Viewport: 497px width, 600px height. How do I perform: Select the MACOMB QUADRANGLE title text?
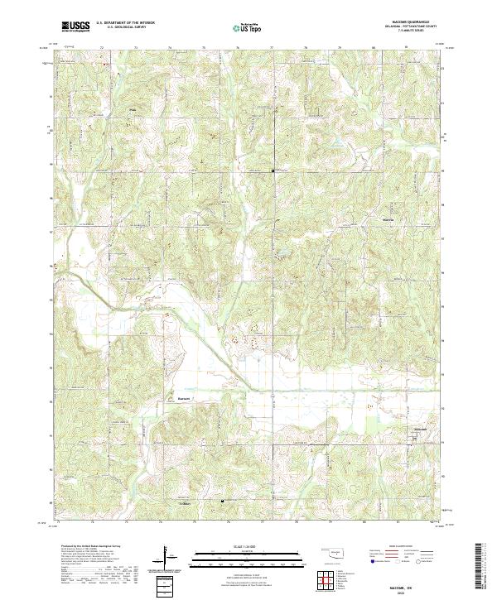(411, 23)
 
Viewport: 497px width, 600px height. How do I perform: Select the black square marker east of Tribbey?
(222, 501)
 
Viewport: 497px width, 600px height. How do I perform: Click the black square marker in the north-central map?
(273, 170)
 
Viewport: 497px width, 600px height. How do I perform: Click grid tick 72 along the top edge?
(101, 47)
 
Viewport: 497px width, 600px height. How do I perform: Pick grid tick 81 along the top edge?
(406, 47)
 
